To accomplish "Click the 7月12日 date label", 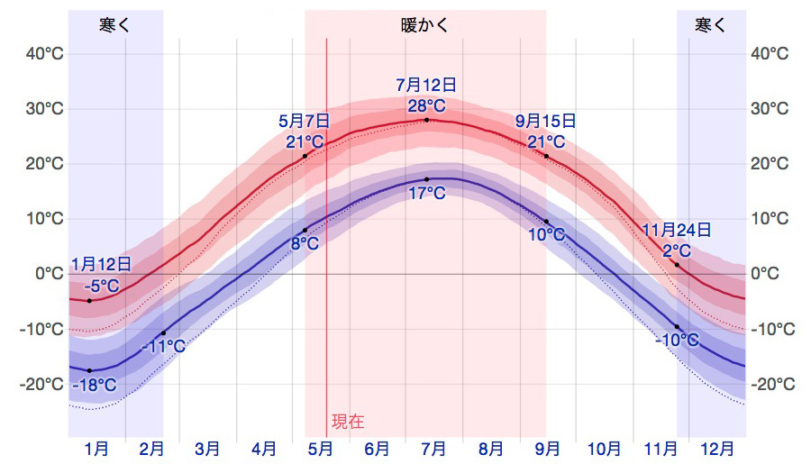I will [x=426, y=86].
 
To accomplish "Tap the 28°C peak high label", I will [x=426, y=105].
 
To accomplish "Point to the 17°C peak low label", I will [x=426, y=194].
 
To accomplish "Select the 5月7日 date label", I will [x=305, y=121].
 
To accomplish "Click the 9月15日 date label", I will [x=546, y=121].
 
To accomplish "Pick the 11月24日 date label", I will [x=677, y=231].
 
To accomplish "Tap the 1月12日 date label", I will [x=101, y=265].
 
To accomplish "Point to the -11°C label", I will [x=164, y=346].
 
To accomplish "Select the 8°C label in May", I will [x=305, y=243].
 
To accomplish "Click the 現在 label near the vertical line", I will [x=348, y=421].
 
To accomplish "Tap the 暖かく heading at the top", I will [x=425, y=25].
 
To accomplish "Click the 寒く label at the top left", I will [x=115, y=25].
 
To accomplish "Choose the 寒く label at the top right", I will [x=711, y=25].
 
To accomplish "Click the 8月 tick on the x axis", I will [x=490, y=448].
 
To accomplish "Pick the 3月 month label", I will [x=207, y=448].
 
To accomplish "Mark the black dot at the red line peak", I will [x=427, y=120].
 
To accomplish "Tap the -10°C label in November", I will [x=677, y=341].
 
